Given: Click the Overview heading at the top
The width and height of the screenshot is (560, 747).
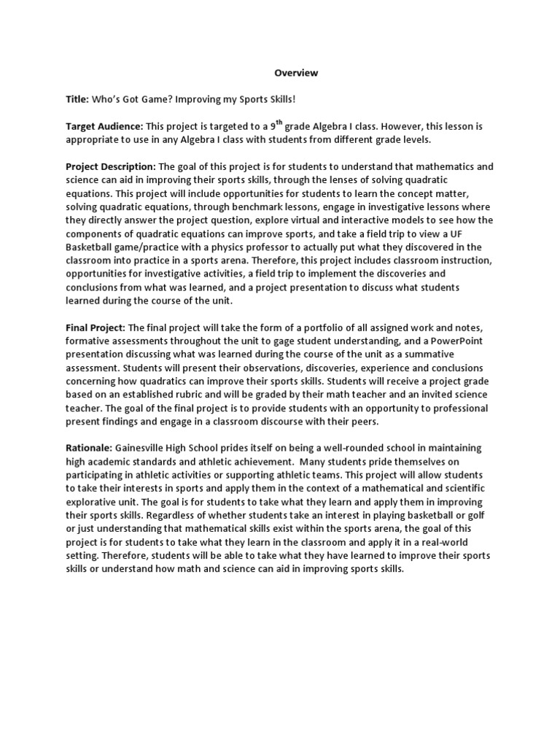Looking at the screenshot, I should coord(296,73).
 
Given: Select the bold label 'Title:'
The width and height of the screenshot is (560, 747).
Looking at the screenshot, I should coord(78,99).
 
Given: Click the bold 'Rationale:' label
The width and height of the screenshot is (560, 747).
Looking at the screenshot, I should coord(89,447).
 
